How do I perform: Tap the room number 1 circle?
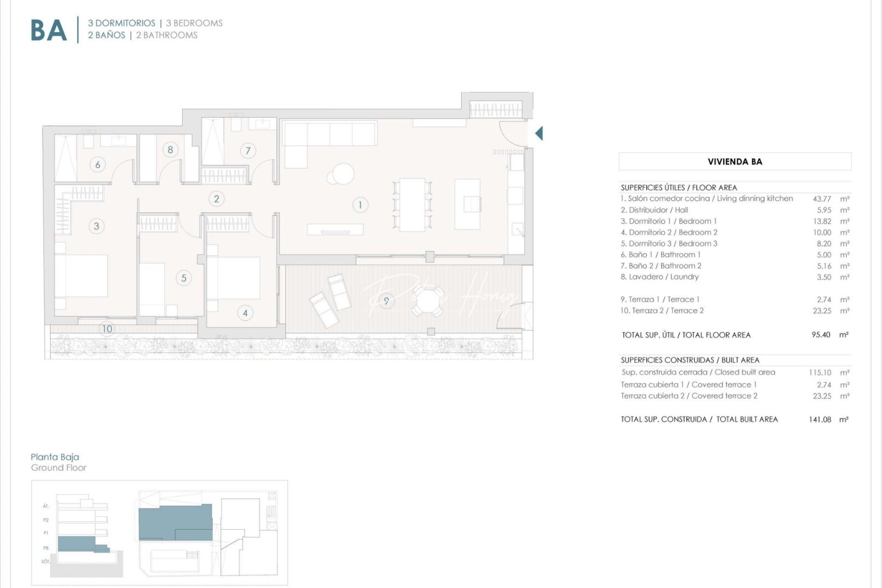(x=360, y=205)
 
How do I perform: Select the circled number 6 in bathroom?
(x=98, y=164)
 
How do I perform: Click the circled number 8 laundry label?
(x=170, y=150)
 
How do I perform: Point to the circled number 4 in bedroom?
(x=245, y=313)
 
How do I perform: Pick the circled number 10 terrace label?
(x=107, y=328)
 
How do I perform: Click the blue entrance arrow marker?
(x=539, y=133)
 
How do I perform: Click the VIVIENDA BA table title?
(x=734, y=162)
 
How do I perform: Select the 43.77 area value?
(x=822, y=199)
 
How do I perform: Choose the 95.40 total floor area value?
(x=820, y=335)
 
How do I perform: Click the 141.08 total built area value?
(x=820, y=419)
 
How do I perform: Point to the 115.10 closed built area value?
(x=820, y=372)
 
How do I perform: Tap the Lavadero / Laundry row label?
(x=659, y=277)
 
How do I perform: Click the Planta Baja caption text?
(x=55, y=457)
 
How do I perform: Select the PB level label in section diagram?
(x=46, y=548)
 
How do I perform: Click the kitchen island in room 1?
(x=467, y=204)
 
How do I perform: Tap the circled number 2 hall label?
(x=217, y=199)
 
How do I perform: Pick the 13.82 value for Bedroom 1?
(x=822, y=221)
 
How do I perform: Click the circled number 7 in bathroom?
(x=248, y=151)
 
